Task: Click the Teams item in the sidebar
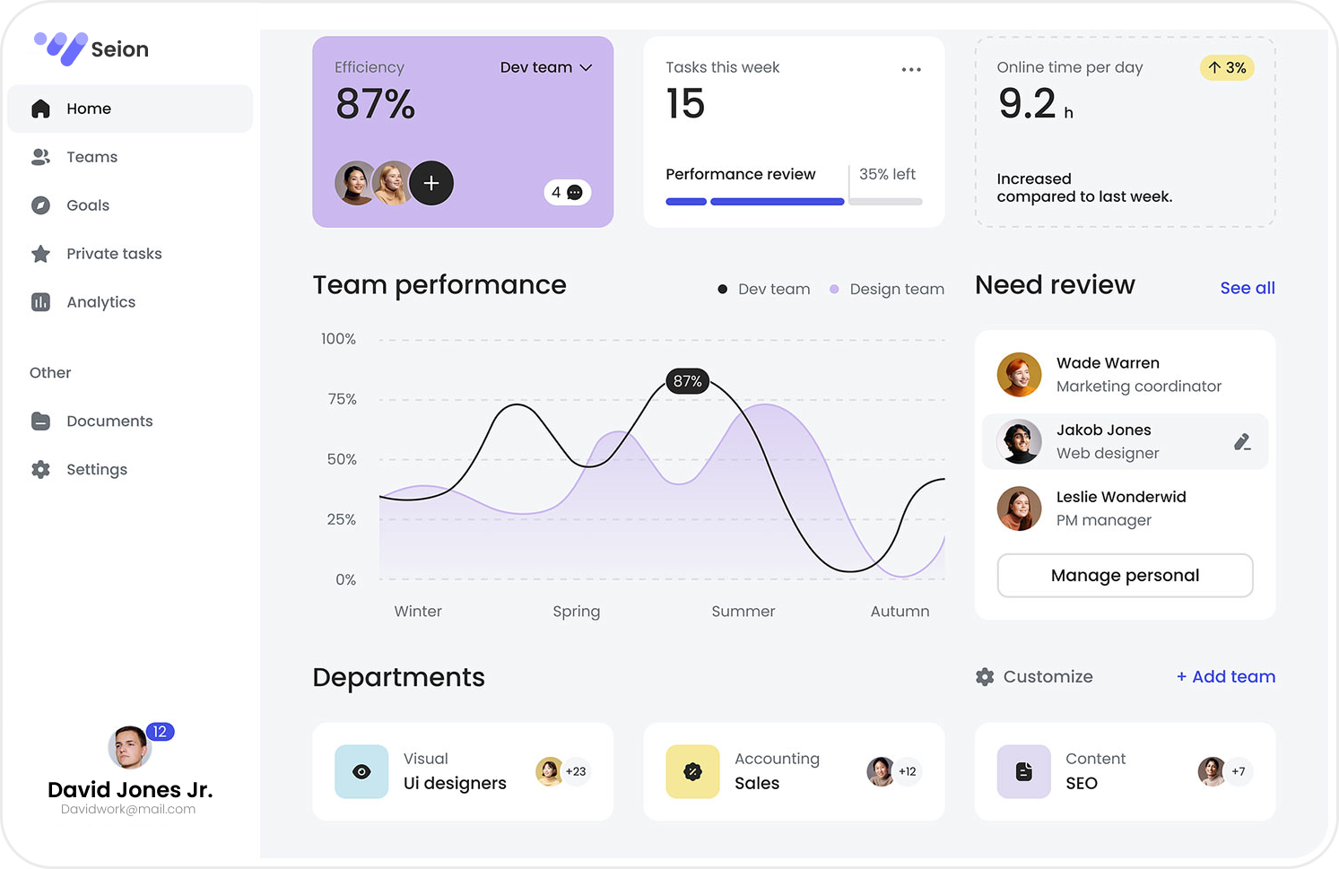(x=91, y=157)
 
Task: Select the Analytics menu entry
(x=100, y=302)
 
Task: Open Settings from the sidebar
(x=96, y=469)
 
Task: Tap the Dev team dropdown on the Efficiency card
(x=545, y=67)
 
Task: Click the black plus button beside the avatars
(x=431, y=183)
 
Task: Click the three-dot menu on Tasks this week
(x=911, y=69)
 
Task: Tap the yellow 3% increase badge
(x=1226, y=67)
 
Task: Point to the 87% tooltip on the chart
(x=687, y=381)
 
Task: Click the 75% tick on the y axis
(x=342, y=399)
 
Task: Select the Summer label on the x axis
(x=743, y=611)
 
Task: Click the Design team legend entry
(x=886, y=289)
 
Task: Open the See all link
(x=1247, y=288)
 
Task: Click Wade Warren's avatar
(x=1019, y=375)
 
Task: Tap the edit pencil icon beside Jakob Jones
(x=1242, y=441)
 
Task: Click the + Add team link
(x=1225, y=676)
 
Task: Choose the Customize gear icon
(x=985, y=677)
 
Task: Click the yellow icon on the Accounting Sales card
(x=692, y=771)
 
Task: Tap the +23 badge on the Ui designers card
(x=576, y=771)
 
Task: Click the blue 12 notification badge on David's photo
(x=160, y=732)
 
